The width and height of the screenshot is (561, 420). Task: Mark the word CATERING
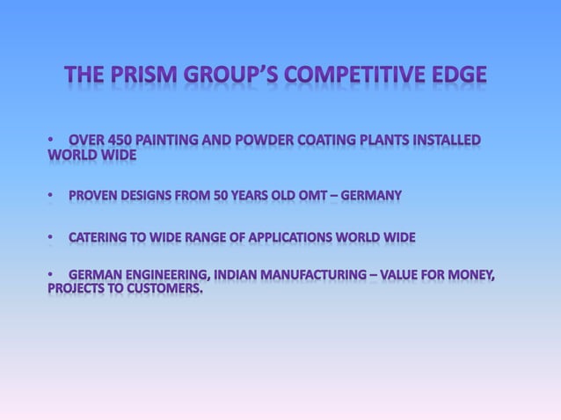[x=98, y=237]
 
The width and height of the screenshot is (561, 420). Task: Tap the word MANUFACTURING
[x=324, y=278]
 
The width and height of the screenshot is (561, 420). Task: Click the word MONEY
[x=471, y=278]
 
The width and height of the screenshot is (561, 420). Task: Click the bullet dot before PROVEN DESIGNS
[x=52, y=194]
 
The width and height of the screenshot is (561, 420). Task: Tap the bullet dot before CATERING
[x=52, y=237]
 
